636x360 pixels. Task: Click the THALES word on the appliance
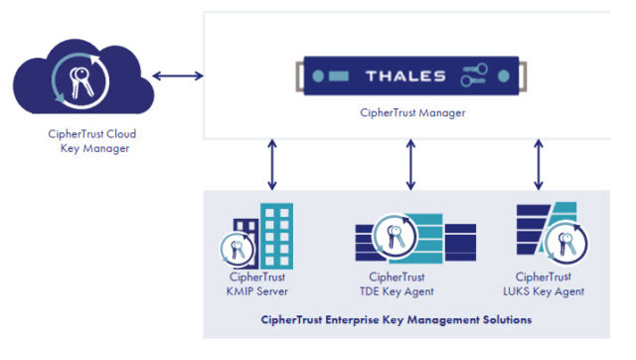411,76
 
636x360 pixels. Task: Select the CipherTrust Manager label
412,113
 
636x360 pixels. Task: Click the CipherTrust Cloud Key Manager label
88,141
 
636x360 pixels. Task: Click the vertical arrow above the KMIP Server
271,164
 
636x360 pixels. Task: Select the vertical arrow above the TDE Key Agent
410,164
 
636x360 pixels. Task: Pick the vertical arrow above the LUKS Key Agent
539,164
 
